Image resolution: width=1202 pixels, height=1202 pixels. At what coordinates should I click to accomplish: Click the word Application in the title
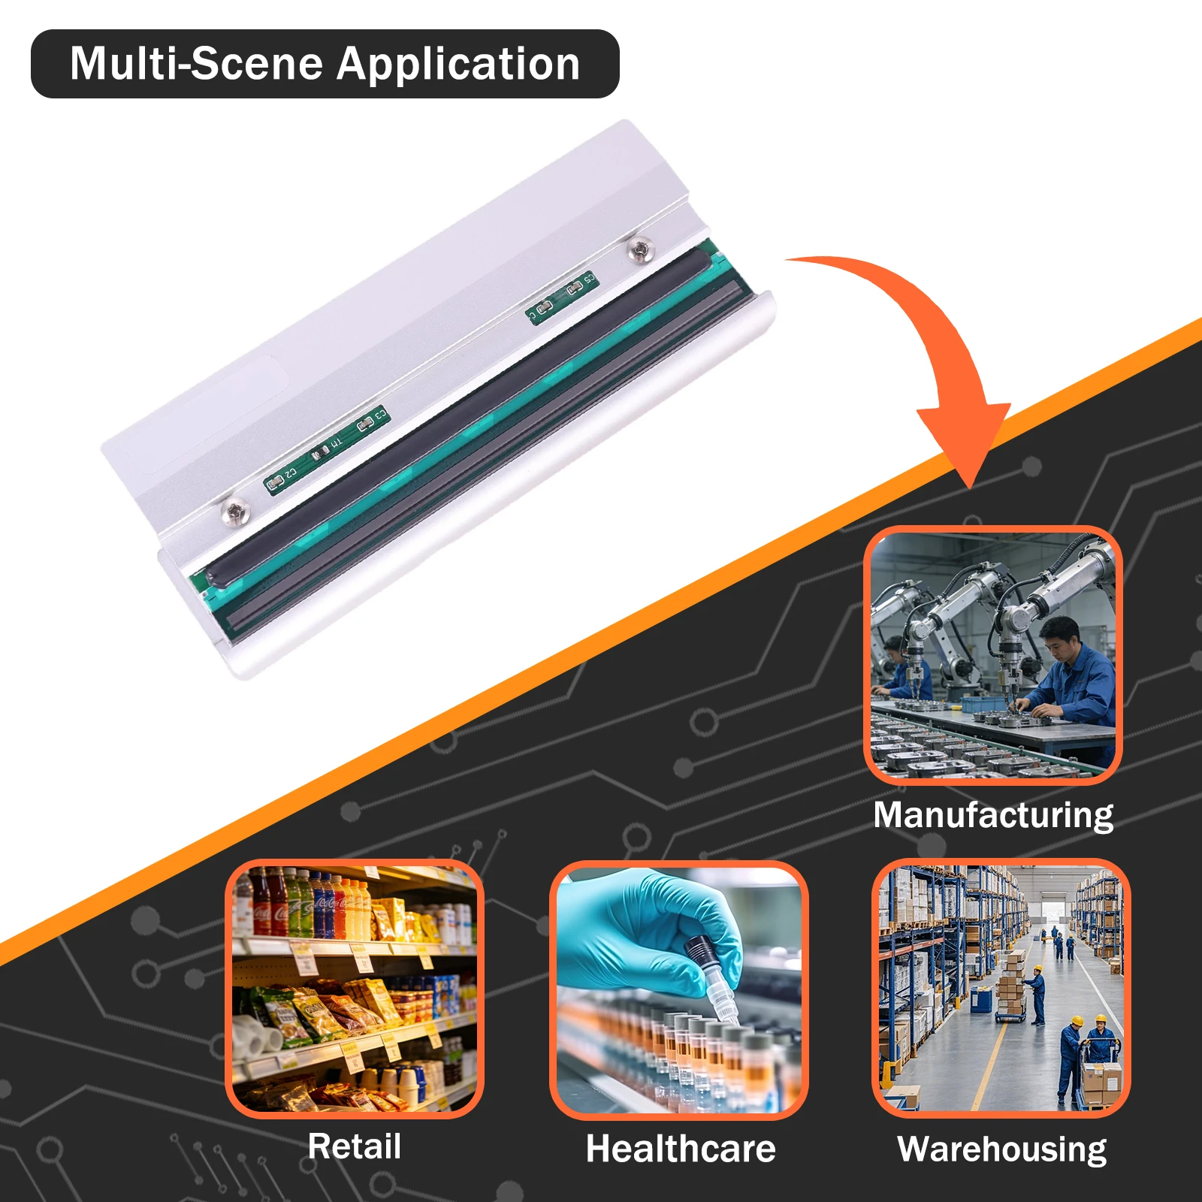[458, 65]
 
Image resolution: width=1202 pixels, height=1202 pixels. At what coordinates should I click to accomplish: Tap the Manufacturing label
[993, 816]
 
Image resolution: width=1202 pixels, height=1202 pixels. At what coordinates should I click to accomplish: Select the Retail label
[355, 1146]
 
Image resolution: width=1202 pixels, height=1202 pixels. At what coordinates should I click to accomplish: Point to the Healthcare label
[681, 1149]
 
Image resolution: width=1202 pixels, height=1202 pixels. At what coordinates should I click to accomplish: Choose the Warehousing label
[1002, 1149]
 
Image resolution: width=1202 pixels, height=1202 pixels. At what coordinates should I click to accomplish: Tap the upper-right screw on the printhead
[640, 249]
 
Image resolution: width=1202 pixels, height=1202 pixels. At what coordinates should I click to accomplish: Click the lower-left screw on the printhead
[235, 512]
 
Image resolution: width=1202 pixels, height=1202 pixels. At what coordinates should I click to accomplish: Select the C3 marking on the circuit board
[380, 414]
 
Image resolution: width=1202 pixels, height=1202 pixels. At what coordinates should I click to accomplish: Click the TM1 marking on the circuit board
[336, 443]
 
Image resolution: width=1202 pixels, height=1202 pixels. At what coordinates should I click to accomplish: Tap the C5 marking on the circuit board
[589, 279]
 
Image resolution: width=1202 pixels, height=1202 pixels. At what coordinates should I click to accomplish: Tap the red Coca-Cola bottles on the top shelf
[270, 903]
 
